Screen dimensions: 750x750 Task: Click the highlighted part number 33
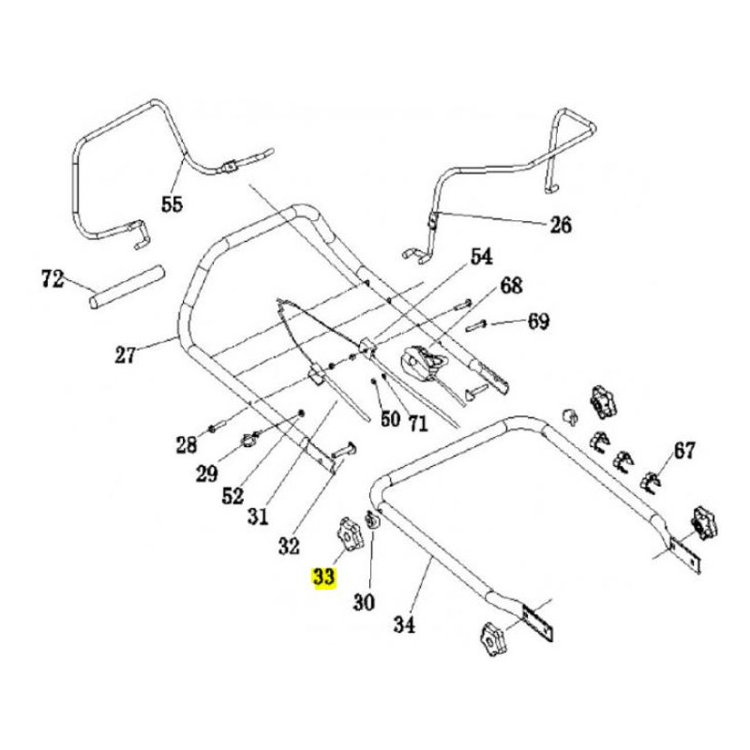(323, 577)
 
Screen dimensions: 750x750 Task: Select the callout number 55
(172, 204)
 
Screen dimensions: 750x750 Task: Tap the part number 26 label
(560, 224)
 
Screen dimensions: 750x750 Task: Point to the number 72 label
(52, 278)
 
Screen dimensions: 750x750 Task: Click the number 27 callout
(126, 354)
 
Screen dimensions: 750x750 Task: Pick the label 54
(481, 256)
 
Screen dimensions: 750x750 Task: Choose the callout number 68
(511, 286)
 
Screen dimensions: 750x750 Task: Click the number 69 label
(538, 321)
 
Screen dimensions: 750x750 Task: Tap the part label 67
(684, 450)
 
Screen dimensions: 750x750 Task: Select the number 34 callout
(404, 624)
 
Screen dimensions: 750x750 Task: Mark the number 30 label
(364, 602)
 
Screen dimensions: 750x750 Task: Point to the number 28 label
(186, 444)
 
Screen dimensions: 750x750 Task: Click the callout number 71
(418, 423)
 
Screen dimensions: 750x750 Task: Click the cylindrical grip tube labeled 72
(127, 287)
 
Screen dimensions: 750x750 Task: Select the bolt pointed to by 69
(476, 325)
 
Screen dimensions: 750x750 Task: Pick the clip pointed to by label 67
(651, 482)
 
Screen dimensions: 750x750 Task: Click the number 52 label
(232, 496)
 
